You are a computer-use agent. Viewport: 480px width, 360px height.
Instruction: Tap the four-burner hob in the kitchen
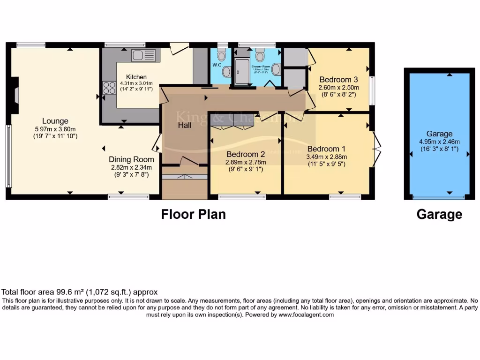click(x=109, y=88)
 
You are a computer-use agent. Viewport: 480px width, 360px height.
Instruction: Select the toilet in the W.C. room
click(x=222, y=55)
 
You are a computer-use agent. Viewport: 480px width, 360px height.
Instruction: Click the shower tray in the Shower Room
click(x=242, y=72)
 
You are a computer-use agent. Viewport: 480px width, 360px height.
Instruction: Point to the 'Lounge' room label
click(x=55, y=121)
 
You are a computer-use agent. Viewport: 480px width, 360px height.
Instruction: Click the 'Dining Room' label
click(x=131, y=159)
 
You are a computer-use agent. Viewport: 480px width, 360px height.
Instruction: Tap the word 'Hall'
click(x=184, y=126)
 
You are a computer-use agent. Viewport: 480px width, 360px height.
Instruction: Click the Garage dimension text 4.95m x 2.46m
click(x=439, y=142)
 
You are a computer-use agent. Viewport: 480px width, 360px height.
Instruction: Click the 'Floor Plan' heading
click(x=193, y=214)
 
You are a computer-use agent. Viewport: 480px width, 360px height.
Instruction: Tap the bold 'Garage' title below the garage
click(x=439, y=214)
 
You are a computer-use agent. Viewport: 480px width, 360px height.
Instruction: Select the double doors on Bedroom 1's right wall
click(x=377, y=146)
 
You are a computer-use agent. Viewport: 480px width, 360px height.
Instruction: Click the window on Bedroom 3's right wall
click(x=372, y=90)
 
